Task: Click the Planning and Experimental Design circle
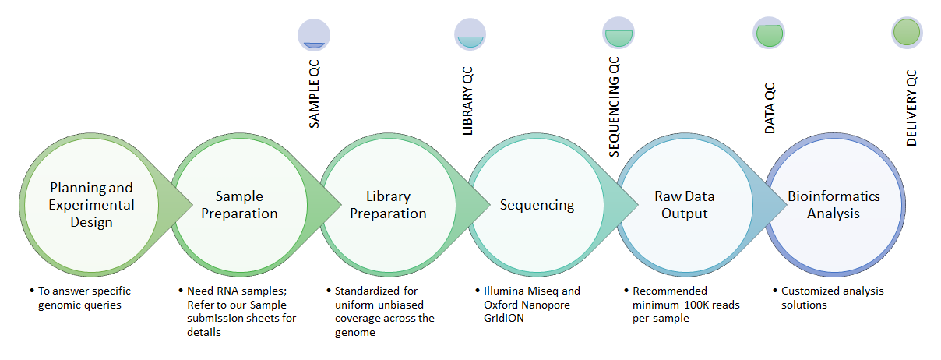point(91,205)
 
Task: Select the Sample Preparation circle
point(239,205)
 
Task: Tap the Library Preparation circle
point(388,205)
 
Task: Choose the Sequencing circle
point(537,205)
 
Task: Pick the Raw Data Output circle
point(685,205)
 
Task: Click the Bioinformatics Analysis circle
point(834,205)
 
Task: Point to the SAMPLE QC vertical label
point(314,94)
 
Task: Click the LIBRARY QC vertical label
point(467,101)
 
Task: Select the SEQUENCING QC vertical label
point(614,107)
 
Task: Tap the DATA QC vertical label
point(770,108)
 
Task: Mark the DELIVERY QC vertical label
point(911,108)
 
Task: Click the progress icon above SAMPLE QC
point(314,35)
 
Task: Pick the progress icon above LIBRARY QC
point(470,34)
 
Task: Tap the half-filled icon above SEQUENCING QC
point(619,34)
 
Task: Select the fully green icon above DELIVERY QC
point(907,33)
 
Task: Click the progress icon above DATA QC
point(769,33)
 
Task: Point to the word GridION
point(504,318)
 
